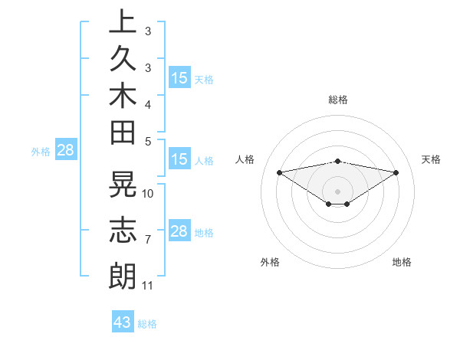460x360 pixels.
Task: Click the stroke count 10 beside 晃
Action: tap(148, 193)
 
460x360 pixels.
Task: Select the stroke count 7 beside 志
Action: tap(147, 240)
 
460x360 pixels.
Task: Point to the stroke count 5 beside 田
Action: tap(147, 141)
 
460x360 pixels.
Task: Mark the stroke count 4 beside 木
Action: tap(147, 103)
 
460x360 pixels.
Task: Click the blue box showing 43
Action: tap(123, 322)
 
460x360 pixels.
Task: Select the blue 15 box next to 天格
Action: tap(179, 78)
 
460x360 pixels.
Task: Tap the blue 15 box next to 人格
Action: tap(179, 160)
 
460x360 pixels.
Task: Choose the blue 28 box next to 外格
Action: tap(65, 150)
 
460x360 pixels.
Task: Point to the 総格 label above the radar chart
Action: tap(337, 100)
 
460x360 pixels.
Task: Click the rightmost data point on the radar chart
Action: tap(396, 172)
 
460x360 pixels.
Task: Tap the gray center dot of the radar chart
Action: tap(337, 191)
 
